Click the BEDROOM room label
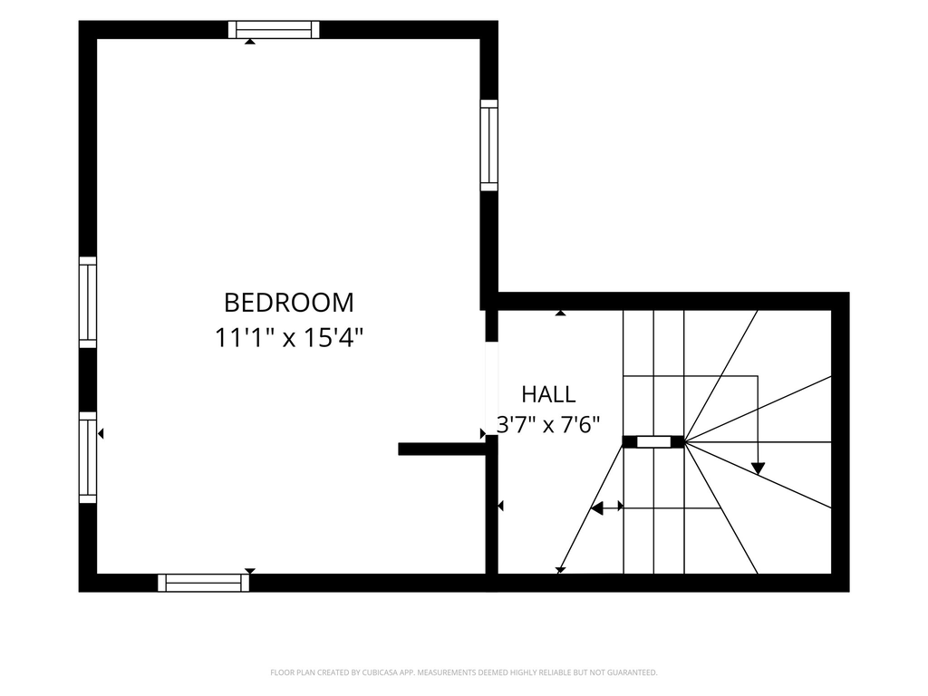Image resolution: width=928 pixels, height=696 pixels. pos(289,303)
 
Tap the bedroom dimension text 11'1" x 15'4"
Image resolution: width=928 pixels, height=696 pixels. pos(289,339)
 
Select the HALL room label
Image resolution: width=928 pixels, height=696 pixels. pos(548,394)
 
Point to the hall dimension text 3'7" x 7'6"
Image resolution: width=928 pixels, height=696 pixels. pos(548,425)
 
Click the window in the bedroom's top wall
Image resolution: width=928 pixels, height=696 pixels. pos(274,30)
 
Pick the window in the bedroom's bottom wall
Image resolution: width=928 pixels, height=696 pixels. pos(204,583)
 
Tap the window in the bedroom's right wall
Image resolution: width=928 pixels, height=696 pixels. pos(488,145)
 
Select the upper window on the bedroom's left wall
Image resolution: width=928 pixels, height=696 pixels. pos(88,303)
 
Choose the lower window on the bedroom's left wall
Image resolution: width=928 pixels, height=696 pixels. pos(88,458)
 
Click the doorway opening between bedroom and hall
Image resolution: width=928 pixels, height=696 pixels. pos(491,388)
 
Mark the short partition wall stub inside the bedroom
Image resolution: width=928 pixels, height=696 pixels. pos(442,449)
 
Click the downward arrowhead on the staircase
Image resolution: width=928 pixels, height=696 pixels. pos(759,469)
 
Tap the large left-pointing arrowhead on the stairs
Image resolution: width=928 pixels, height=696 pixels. pos(597,508)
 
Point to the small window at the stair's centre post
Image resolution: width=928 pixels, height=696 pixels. pos(653,441)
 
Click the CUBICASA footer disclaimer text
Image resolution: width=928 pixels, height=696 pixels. pos(464,672)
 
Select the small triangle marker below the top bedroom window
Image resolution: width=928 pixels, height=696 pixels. pos(250,42)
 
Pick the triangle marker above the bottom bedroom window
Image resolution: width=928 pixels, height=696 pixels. pos(250,571)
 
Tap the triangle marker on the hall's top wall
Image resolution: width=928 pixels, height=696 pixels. pos(560,313)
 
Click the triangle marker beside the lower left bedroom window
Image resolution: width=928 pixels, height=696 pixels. pos(101,434)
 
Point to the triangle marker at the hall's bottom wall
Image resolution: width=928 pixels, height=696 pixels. pos(560,571)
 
